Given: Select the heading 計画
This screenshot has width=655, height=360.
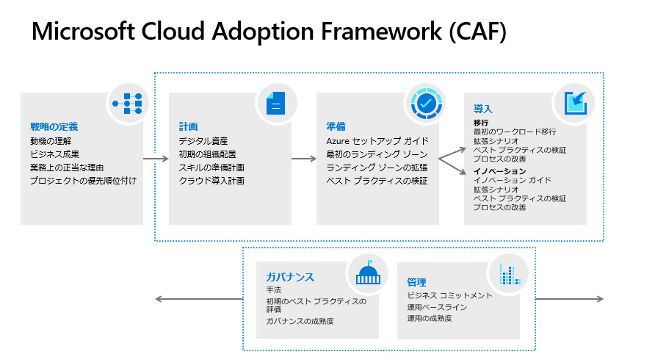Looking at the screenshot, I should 188,126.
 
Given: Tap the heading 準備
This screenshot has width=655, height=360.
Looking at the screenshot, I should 336,126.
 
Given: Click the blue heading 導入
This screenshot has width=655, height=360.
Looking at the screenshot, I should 483,109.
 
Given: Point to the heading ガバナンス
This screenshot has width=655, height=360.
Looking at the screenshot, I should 290,277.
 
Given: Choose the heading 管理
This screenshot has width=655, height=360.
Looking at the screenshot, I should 416,282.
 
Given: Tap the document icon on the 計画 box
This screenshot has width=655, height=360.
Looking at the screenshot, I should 276,104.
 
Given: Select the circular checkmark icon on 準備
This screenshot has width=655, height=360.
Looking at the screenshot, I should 424,104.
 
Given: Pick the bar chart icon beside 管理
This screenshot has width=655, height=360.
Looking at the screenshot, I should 510,274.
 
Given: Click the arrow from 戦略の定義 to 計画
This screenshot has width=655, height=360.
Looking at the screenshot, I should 155,158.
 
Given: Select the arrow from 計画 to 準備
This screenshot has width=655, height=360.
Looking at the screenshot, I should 303,158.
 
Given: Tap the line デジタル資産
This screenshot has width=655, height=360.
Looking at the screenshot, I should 203,140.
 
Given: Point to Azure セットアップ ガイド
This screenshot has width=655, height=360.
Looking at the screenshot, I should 377,140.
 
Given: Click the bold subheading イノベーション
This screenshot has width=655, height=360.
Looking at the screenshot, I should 500,171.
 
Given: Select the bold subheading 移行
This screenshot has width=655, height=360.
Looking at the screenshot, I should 481,122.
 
